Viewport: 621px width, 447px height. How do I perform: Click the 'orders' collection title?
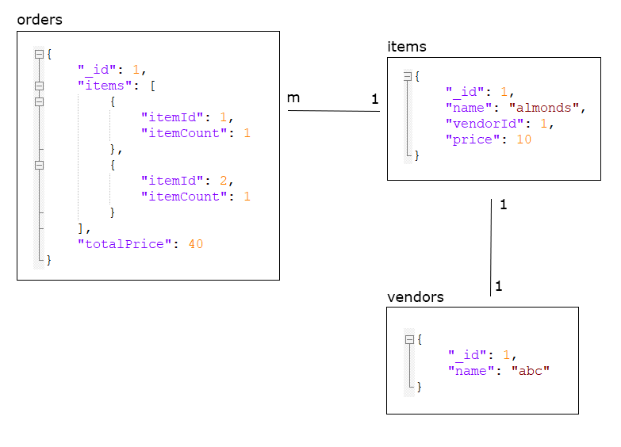pyautogui.click(x=40, y=19)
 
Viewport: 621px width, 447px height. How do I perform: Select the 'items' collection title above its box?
pyautogui.click(x=406, y=47)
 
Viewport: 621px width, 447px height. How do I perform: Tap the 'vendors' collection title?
pyautogui.click(x=415, y=297)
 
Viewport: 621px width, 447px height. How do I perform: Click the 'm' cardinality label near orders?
pyautogui.click(x=293, y=97)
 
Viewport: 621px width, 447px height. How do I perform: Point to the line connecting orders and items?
pyautogui.click(x=333, y=111)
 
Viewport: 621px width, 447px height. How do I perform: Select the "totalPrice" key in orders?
pyautogui.click(x=124, y=244)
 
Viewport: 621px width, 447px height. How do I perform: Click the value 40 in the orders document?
pyautogui.click(x=195, y=244)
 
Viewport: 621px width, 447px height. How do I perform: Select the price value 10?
pyautogui.click(x=523, y=139)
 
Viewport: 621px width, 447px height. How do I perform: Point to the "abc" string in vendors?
pyautogui.click(x=530, y=371)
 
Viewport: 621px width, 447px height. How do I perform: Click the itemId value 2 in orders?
pyautogui.click(x=223, y=181)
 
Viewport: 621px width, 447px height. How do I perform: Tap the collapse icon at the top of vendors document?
pyautogui.click(x=409, y=339)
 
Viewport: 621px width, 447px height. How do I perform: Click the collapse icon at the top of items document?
pyautogui.click(x=408, y=76)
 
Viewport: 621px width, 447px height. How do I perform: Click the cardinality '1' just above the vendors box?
pyautogui.click(x=498, y=286)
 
